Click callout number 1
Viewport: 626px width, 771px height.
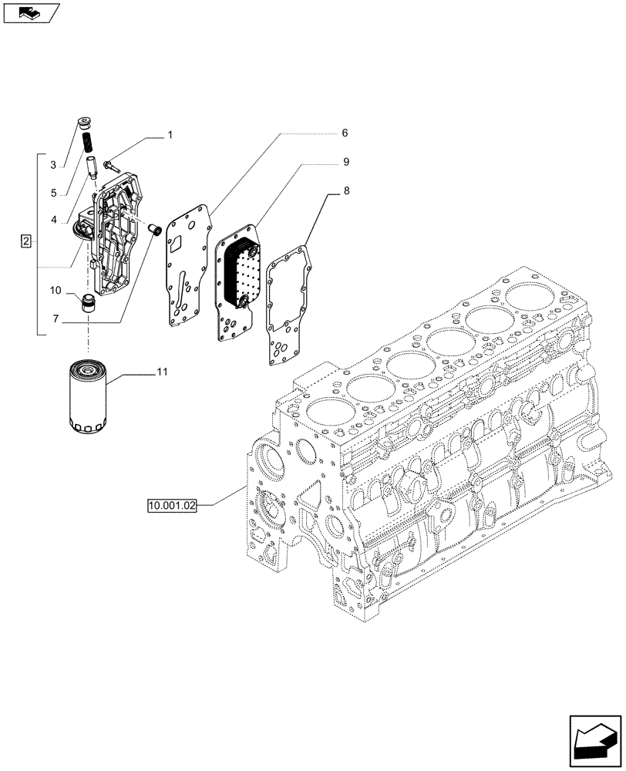pos(170,136)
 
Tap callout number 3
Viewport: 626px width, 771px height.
pos(54,165)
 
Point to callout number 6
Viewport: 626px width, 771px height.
pos(345,133)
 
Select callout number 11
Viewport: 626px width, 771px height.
pos(162,373)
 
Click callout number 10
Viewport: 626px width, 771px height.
pos(56,291)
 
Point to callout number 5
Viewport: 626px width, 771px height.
pos(54,193)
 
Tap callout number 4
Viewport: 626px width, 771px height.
pos(54,220)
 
